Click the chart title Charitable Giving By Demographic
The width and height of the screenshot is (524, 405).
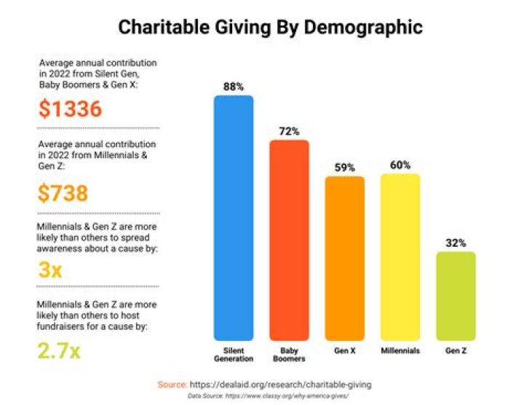270,28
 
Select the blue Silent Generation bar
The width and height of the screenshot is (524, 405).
233,219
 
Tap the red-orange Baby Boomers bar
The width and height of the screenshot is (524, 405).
289,240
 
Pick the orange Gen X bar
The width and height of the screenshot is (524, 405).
344,259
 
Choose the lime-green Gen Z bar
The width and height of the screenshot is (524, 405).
456,296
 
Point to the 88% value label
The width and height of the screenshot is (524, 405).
233,86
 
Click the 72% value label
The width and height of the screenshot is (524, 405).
289,130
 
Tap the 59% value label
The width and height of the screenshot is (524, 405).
344,167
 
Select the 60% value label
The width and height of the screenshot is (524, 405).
400,165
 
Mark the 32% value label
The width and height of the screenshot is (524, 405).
456,243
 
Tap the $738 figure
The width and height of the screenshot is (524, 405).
63,192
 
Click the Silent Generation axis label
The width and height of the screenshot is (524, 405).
233,355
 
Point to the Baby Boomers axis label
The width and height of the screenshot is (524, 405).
289,355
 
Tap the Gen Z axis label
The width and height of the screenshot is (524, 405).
456,351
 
